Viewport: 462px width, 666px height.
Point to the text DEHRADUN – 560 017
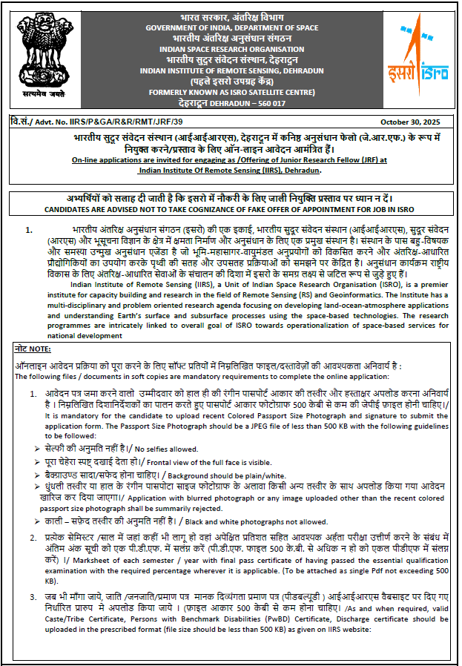pyautogui.click(x=252, y=103)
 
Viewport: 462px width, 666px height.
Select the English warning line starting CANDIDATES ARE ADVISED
pyautogui.click(x=231, y=210)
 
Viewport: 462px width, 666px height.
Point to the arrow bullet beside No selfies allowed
pyautogui.click(x=37, y=448)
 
